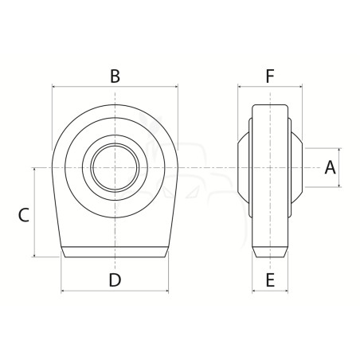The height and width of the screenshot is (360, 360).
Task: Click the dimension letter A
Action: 330,167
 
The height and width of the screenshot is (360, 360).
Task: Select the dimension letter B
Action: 115,76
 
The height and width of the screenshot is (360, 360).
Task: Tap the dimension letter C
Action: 23,215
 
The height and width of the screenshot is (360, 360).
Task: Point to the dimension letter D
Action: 115,280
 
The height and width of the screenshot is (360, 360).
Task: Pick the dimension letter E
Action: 270,280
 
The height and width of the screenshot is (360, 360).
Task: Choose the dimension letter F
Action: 270,76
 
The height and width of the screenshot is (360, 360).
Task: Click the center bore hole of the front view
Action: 115,168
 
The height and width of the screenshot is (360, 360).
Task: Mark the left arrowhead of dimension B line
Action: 54,87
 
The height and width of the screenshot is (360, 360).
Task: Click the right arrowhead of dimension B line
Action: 176,87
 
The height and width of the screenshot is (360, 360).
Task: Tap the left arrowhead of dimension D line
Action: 63,291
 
